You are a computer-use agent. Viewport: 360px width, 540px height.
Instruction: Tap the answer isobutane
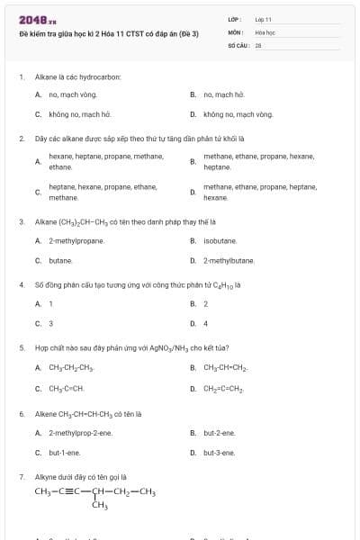(220, 240)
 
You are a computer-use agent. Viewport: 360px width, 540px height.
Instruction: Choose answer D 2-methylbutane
(229, 261)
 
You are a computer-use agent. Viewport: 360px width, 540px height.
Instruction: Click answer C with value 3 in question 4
(51, 324)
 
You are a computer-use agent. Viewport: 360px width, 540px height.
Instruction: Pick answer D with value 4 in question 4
(205, 324)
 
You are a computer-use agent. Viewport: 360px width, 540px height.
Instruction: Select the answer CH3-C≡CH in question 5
(67, 388)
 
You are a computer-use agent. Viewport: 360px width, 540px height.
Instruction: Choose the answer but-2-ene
(220, 432)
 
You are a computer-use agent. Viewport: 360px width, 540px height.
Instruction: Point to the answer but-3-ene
(220, 453)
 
